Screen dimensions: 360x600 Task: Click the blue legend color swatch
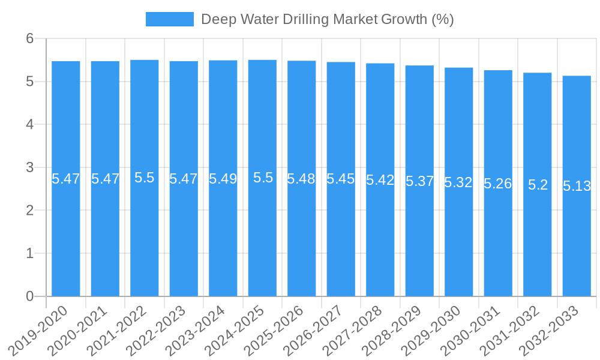169,19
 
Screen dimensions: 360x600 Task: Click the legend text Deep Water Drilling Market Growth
327,19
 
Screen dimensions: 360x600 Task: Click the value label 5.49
223,179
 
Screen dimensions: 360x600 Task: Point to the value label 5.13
577,186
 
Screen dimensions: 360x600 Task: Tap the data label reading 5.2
538,185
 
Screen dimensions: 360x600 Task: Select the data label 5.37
419,181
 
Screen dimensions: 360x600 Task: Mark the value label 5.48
301,179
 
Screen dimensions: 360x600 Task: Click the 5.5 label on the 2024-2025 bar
262,178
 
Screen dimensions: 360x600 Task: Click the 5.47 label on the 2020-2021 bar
105,179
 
